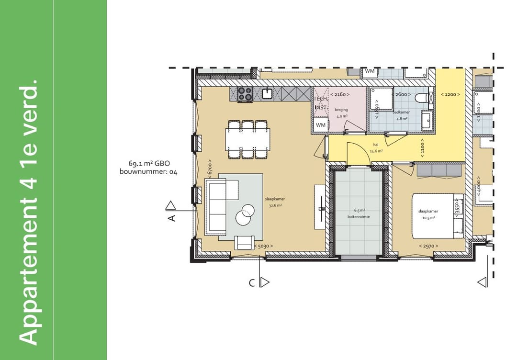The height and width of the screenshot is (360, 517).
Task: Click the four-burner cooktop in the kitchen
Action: click(x=245, y=94)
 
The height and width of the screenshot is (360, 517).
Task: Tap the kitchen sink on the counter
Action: click(x=267, y=93)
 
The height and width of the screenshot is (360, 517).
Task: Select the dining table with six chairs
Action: click(x=247, y=139)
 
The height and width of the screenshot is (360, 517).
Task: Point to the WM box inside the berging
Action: click(x=320, y=125)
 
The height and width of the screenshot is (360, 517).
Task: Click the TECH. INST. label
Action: click(x=320, y=103)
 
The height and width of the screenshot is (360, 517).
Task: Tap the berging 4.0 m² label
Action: click(x=341, y=113)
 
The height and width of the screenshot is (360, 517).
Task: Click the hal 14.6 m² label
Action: click(x=375, y=147)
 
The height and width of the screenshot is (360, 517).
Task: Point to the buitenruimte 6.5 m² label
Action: click(x=359, y=213)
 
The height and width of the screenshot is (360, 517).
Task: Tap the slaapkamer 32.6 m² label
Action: click(x=274, y=202)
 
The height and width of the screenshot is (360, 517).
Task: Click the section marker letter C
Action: click(x=251, y=282)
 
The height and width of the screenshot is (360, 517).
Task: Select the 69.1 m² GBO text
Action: click(x=149, y=163)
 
